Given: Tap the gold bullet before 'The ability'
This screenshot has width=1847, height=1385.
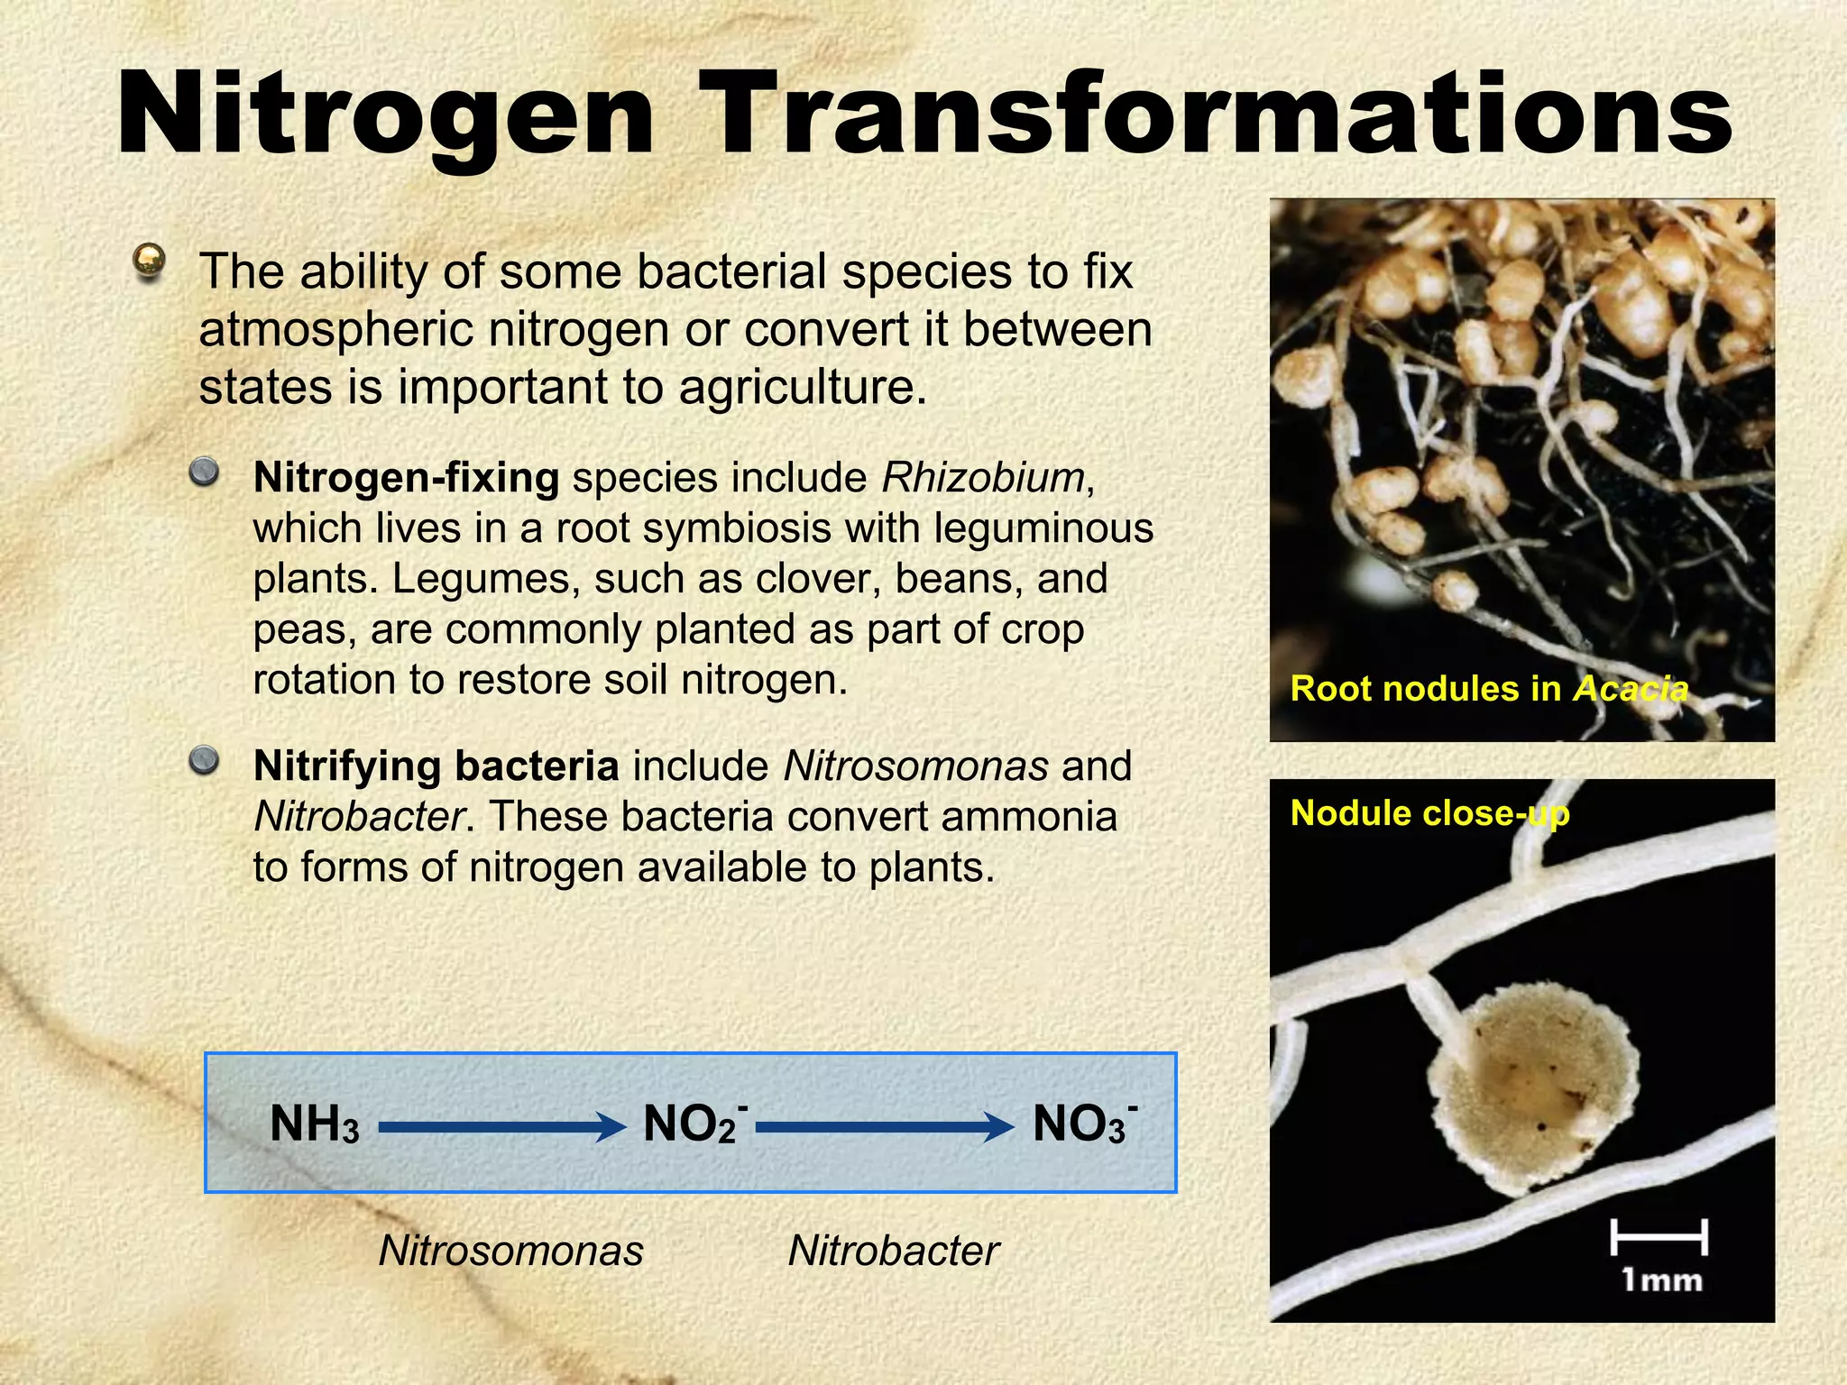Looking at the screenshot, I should pos(149,262).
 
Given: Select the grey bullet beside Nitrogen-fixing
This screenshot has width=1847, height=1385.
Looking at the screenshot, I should pos(205,472).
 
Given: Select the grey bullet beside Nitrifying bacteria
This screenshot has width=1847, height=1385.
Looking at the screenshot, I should pos(205,760).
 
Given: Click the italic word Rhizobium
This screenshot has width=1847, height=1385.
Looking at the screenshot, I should pos(983,478).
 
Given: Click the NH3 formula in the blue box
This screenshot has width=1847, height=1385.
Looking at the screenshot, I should pos(314,1125).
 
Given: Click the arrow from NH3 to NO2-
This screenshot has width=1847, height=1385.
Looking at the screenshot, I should pos(501,1126).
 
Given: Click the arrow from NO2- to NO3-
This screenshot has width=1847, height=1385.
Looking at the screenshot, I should pos(884,1126).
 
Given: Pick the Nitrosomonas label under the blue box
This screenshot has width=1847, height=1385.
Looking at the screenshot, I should pos(510,1251).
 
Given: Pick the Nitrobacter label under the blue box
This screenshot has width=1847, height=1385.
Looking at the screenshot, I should pos(893,1251).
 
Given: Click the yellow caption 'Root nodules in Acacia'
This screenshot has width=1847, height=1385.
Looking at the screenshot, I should pos(1488,689).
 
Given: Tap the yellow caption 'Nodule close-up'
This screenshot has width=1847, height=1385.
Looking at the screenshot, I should pos(1429,813).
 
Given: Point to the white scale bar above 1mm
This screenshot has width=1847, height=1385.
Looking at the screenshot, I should pos(1659,1236).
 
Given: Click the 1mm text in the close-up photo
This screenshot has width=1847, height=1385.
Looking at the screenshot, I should pos(1661,1280).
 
